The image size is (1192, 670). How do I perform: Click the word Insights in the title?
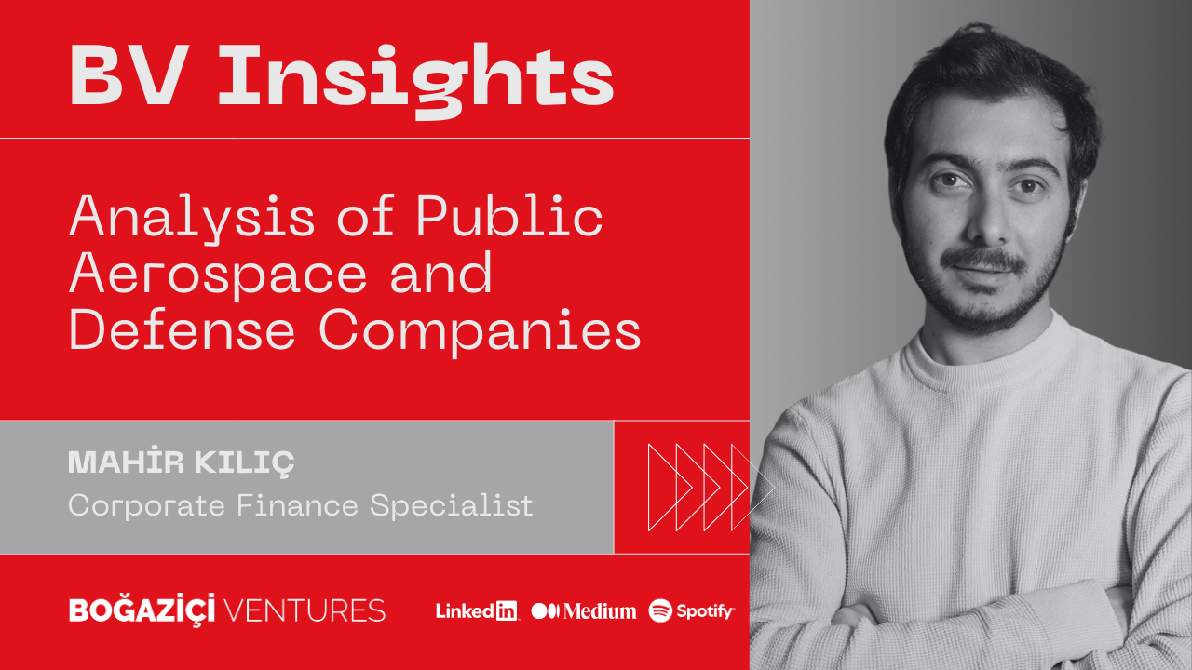click(416, 80)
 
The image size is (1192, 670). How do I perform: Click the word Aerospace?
click(218, 274)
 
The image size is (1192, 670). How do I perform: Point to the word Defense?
click(182, 329)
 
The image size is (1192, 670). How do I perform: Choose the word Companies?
click(480, 332)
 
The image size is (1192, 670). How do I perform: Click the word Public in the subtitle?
click(509, 215)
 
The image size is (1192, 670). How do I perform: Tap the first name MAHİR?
click(126, 461)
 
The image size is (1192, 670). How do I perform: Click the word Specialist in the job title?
click(452, 505)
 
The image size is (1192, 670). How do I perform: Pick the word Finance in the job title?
click(297, 505)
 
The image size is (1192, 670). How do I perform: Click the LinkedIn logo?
click(477, 611)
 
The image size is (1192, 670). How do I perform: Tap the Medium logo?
click(584, 611)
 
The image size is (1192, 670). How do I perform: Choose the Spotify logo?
click(691, 610)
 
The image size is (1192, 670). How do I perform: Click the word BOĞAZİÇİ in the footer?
click(142, 610)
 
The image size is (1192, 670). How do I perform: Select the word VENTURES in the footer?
click(305, 610)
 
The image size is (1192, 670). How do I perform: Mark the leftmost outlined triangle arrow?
click(649, 487)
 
